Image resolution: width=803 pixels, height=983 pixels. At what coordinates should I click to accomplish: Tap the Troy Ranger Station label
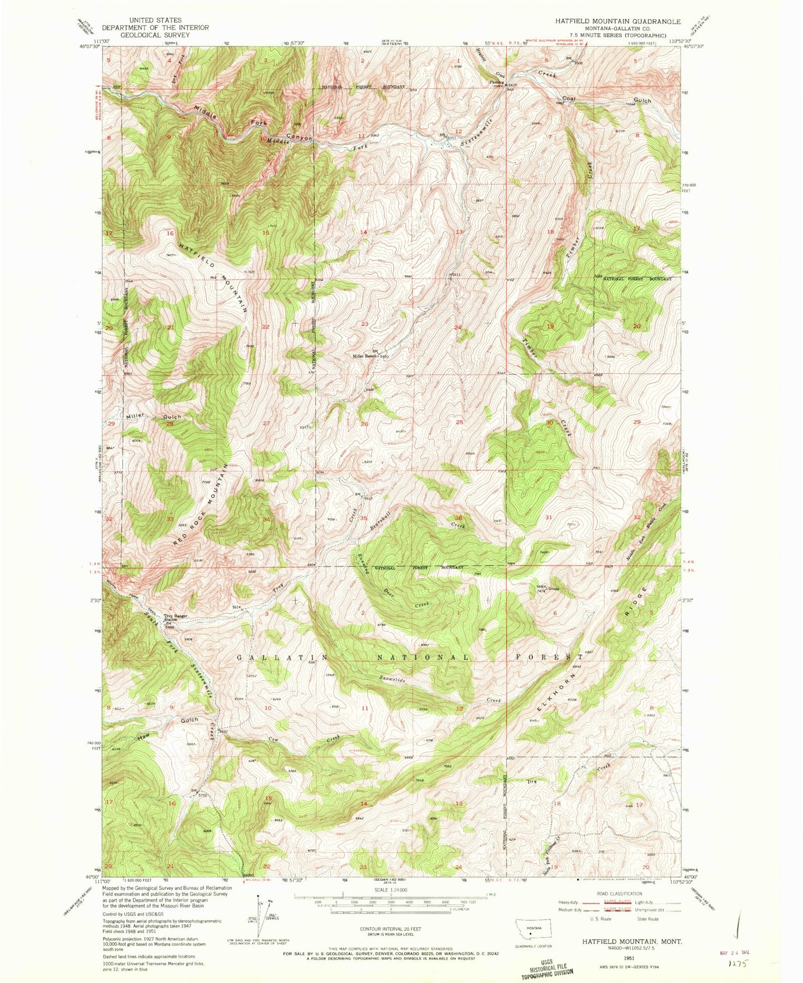click(x=174, y=618)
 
